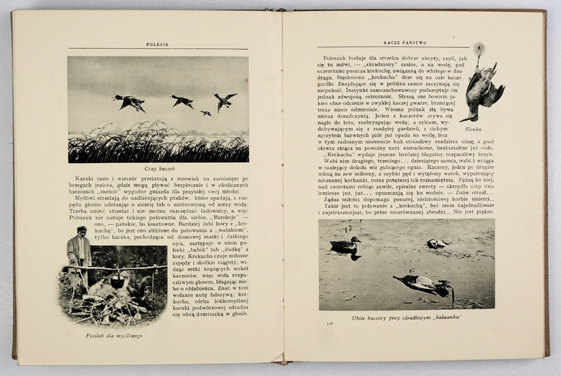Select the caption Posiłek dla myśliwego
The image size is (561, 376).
tap(115, 336)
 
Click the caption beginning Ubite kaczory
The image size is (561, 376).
tap(407, 318)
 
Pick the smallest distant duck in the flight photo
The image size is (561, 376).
tap(206, 113)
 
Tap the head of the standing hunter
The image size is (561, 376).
tap(82, 230)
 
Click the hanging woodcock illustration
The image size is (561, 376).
tap(482, 87)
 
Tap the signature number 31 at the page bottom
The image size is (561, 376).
tap(330, 323)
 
